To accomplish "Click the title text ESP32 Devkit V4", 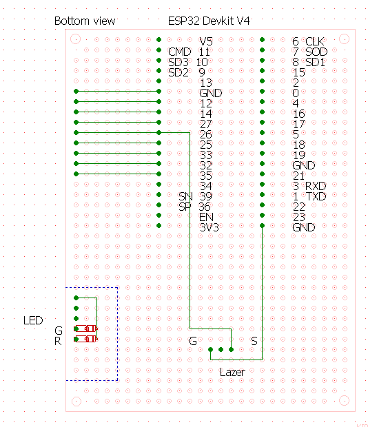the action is pyautogui.click(x=209, y=21).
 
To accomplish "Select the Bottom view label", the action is pyautogui.click(x=85, y=21).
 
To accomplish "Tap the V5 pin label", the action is pyautogui.click(x=206, y=41).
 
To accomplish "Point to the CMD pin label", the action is pyautogui.click(x=179, y=52).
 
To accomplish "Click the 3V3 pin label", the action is pyautogui.click(x=209, y=227).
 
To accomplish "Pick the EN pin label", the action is pyautogui.click(x=206, y=217).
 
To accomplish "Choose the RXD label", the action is pyautogui.click(x=316, y=186).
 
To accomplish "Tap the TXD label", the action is pyautogui.click(x=316, y=196).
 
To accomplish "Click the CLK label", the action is pyautogui.click(x=315, y=41).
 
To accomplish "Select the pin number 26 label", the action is pyautogui.click(x=206, y=134).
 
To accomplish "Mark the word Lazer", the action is pyautogui.click(x=232, y=373).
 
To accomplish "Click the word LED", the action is pyautogui.click(x=33, y=320).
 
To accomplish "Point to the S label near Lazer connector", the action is pyautogui.click(x=254, y=341).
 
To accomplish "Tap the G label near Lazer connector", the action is pyautogui.click(x=193, y=341).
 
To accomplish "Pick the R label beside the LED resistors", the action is pyautogui.click(x=58, y=341).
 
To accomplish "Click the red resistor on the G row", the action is pyautogui.click(x=86, y=329).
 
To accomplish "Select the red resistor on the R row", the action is pyautogui.click(x=86, y=339).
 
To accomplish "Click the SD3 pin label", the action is pyautogui.click(x=178, y=62).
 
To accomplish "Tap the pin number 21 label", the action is pyautogui.click(x=299, y=176).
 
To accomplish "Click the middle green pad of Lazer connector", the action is pyautogui.click(x=221, y=349).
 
